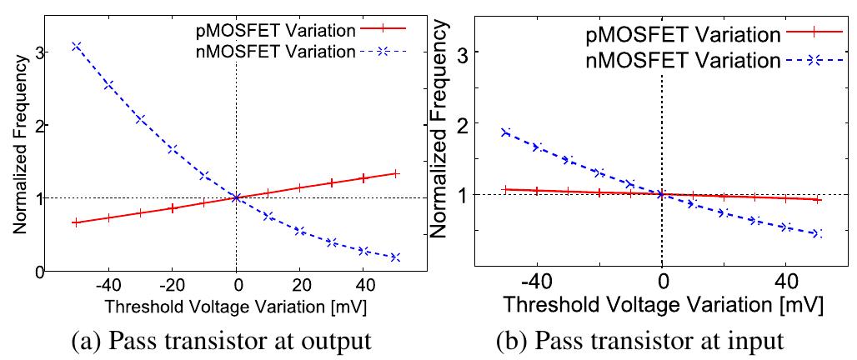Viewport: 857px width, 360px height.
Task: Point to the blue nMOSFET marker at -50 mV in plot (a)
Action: pyautogui.click(x=77, y=46)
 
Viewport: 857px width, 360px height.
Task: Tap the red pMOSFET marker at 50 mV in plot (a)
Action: pyautogui.click(x=395, y=173)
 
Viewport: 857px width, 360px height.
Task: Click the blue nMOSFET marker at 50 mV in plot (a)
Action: pyautogui.click(x=395, y=257)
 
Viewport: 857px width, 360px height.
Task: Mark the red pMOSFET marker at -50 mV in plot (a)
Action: pyautogui.click(x=77, y=222)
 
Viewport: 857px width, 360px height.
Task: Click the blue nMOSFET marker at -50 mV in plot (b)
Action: pyautogui.click(x=506, y=132)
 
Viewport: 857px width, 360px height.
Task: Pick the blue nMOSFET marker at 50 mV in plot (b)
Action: pyautogui.click(x=818, y=234)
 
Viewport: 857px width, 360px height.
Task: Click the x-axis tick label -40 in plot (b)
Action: pyautogui.click(x=537, y=281)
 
